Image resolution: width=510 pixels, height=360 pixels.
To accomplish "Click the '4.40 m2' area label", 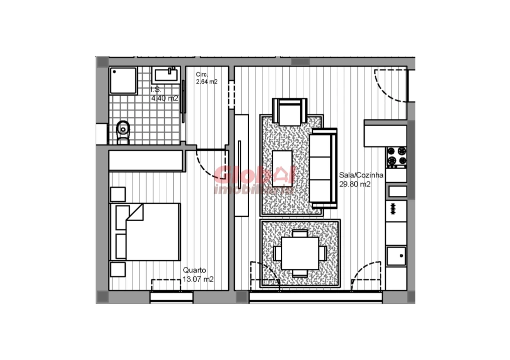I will point(165,98).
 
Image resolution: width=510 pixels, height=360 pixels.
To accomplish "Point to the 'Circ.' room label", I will point(202,74).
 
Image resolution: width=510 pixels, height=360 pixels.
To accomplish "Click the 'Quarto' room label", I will point(194,270).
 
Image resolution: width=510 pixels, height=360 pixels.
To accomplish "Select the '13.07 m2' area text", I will point(198,279).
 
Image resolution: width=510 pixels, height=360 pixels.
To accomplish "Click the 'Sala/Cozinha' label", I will point(361,175).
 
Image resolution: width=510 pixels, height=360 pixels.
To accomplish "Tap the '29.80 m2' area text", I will point(355,184).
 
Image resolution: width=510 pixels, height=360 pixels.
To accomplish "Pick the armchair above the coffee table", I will point(289,112).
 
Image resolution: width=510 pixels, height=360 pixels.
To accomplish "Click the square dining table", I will point(300,252).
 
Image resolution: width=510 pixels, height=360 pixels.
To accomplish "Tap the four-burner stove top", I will point(396,156).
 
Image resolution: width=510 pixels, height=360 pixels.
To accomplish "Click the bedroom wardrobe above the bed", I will point(146,161).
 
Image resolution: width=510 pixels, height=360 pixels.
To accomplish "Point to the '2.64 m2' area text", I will point(207,82).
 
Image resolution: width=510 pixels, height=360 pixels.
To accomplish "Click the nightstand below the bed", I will point(118,269).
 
